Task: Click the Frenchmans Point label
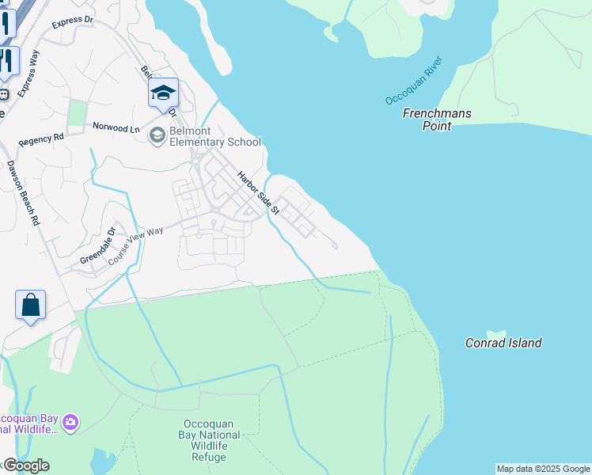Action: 437,120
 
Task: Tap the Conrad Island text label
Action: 503,343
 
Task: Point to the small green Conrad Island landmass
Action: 496,333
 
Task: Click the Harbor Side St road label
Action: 260,192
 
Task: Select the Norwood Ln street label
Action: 116,127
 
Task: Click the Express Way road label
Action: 28,74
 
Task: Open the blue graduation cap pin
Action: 164,93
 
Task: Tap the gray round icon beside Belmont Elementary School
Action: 157,135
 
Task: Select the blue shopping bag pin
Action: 30,305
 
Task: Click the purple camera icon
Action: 70,423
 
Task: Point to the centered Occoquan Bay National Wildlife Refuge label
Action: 211,440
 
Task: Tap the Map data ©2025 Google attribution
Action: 543,469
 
